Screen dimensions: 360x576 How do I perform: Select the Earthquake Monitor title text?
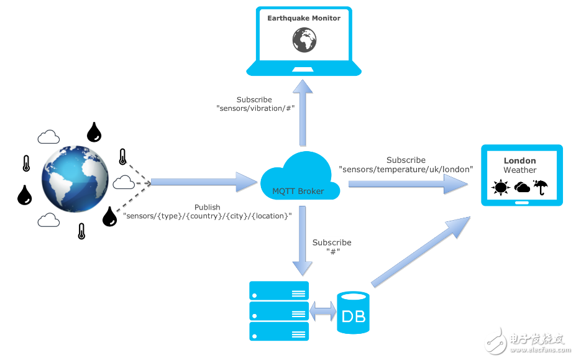coord(304,18)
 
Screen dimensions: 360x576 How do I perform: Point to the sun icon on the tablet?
coord(499,187)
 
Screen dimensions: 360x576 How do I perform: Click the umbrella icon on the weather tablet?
coord(541,187)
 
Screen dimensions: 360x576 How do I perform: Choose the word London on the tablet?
coord(520,160)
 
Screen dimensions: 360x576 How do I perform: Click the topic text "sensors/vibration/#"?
coord(255,108)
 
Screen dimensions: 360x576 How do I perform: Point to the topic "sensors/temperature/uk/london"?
coord(406,169)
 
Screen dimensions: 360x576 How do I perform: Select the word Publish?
coord(208,207)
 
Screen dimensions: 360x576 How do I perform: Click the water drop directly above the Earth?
coord(94,131)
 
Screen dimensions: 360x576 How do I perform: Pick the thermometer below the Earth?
coord(81,231)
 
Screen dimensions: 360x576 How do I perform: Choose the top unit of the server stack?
coord(279,290)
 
